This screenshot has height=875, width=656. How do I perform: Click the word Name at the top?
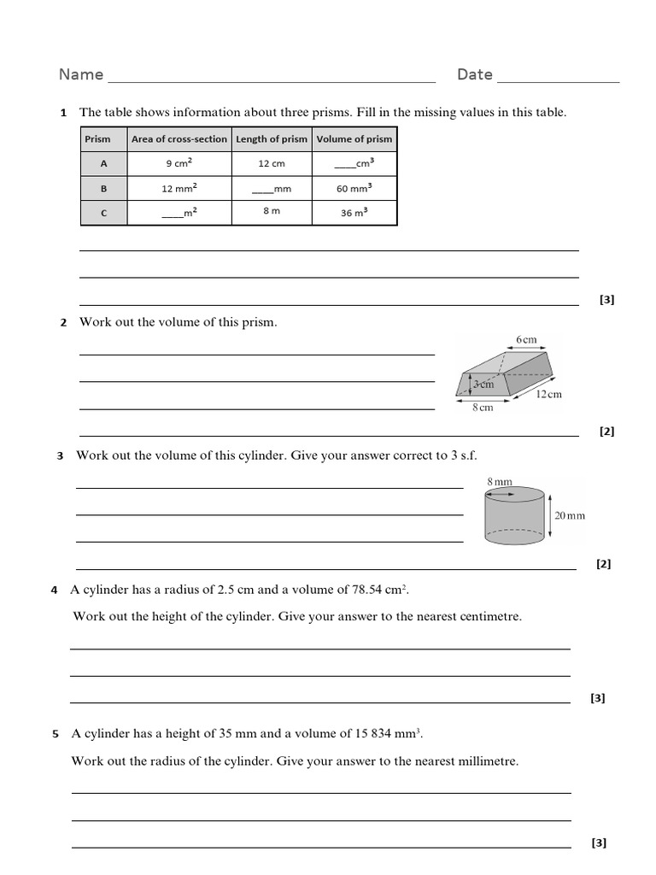tap(81, 75)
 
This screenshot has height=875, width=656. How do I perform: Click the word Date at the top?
tap(474, 75)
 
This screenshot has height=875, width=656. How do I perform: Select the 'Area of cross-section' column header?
tap(179, 139)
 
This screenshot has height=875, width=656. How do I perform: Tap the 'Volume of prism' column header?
tap(354, 139)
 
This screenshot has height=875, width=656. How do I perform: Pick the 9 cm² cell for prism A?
tap(179, 163)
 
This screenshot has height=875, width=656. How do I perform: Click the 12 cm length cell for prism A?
tap(271, 163)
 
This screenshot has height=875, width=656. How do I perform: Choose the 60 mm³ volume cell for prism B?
tap(354, 188)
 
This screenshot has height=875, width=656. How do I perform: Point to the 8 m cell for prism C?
tap(271, 211)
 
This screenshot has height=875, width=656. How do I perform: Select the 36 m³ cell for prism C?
tap(354, 213)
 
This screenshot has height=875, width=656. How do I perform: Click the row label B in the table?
tap(104, 188)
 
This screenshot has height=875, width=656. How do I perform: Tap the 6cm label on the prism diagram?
tap(526, 340)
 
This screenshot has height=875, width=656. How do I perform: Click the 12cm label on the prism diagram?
tap(548, 394)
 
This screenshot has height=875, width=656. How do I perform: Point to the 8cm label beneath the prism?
tap(483, 408)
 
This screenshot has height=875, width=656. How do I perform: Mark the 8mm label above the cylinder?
tap(500, 482)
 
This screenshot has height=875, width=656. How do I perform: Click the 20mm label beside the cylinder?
tap(570, 515)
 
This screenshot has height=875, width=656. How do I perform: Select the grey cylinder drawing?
tap(514, 516)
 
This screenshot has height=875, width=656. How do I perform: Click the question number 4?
tap(54, 590)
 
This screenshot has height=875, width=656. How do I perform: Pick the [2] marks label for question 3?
tap(604, 564)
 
